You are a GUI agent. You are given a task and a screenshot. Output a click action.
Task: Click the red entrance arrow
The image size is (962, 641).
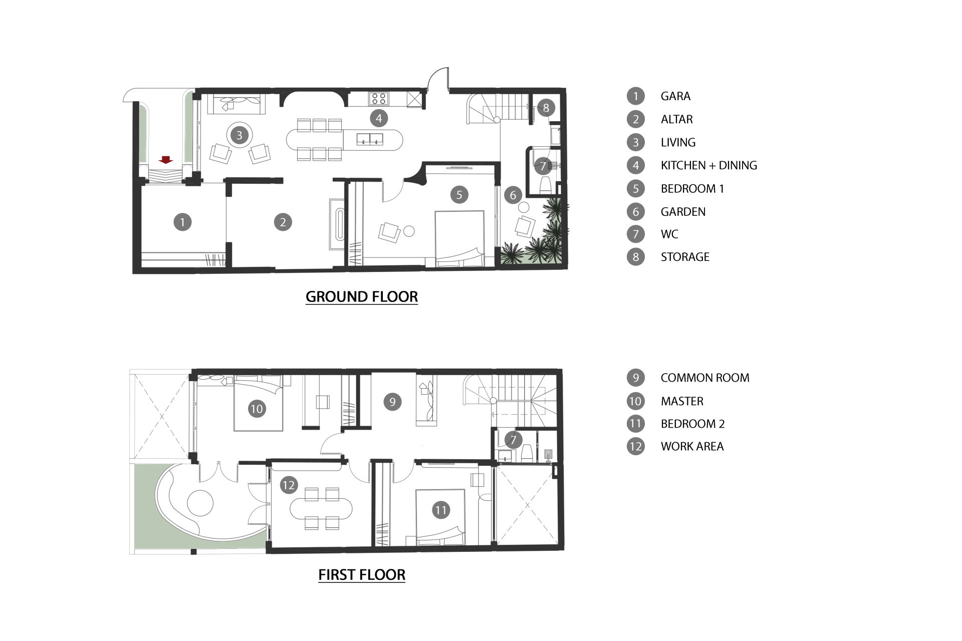[166, 160]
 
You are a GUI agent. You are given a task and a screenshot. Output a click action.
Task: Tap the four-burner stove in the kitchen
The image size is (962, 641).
[379, 98]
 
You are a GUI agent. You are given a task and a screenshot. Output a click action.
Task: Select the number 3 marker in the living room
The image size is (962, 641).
[239, 135]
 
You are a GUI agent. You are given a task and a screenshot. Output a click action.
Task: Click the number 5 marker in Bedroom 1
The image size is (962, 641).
[459, 195]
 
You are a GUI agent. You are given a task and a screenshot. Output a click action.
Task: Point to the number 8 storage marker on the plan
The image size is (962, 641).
[546, 108]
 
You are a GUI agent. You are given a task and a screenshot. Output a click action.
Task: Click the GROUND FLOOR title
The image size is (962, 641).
[362, 297]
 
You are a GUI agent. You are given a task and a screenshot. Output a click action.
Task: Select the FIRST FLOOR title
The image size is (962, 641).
[362, 575]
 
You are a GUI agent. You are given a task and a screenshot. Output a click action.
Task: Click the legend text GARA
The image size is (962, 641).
[675, 96]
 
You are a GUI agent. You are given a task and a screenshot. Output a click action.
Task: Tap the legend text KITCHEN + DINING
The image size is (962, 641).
[709, 165]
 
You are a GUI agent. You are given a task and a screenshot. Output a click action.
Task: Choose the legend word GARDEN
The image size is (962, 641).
[683, 212]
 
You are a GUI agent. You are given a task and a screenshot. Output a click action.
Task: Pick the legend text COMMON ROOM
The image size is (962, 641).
[705, 378]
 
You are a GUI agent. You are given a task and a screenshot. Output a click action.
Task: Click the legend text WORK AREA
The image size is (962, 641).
[692, 446]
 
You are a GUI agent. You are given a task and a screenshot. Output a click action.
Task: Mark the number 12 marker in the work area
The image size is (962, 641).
[289, 485]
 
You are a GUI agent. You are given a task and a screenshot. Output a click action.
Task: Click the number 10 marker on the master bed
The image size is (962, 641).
[257, 409]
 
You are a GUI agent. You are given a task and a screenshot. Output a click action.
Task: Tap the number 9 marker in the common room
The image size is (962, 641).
[392, 402]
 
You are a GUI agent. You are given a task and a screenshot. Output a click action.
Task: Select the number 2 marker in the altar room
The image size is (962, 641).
[283, 222]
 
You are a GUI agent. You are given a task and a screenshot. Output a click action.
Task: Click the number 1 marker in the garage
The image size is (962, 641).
[182, 222]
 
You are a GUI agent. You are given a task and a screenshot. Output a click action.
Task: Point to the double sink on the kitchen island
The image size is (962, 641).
[370, 139]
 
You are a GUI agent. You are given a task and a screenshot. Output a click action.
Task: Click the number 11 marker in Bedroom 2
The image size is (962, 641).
[441, 510]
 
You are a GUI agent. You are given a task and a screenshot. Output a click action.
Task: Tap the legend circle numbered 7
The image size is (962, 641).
[636, 234]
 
